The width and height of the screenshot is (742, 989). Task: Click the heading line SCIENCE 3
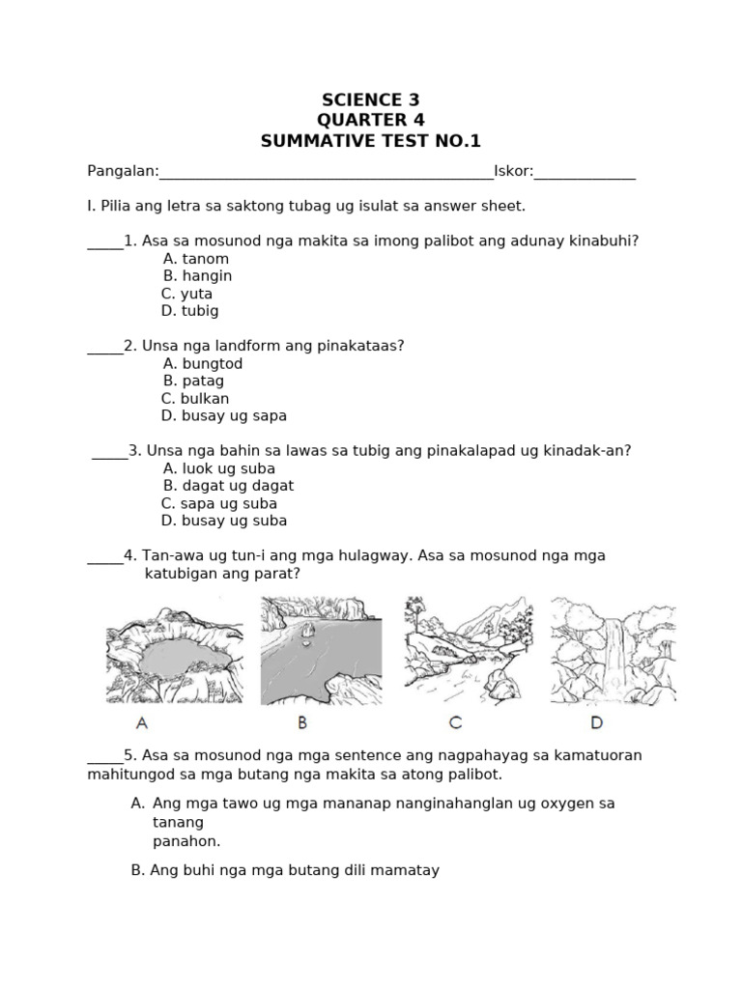(370, 100)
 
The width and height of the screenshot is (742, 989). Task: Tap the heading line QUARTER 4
(370, 121)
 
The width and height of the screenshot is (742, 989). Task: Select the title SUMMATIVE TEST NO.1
(370, 142)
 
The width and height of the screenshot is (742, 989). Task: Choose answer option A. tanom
(196, 259)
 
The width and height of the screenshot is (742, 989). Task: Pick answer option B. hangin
(197, 276)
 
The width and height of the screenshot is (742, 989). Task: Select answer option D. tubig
(190, 311)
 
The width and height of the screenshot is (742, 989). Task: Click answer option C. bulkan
(195, 399)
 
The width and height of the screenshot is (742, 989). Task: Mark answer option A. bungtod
(203, 364)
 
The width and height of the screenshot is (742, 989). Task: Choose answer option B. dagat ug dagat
(228, 486)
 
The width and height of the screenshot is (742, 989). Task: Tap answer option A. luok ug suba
(219, 468)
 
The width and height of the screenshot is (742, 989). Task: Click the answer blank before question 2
(104, 349)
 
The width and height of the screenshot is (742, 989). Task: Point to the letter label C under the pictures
(455, 721)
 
